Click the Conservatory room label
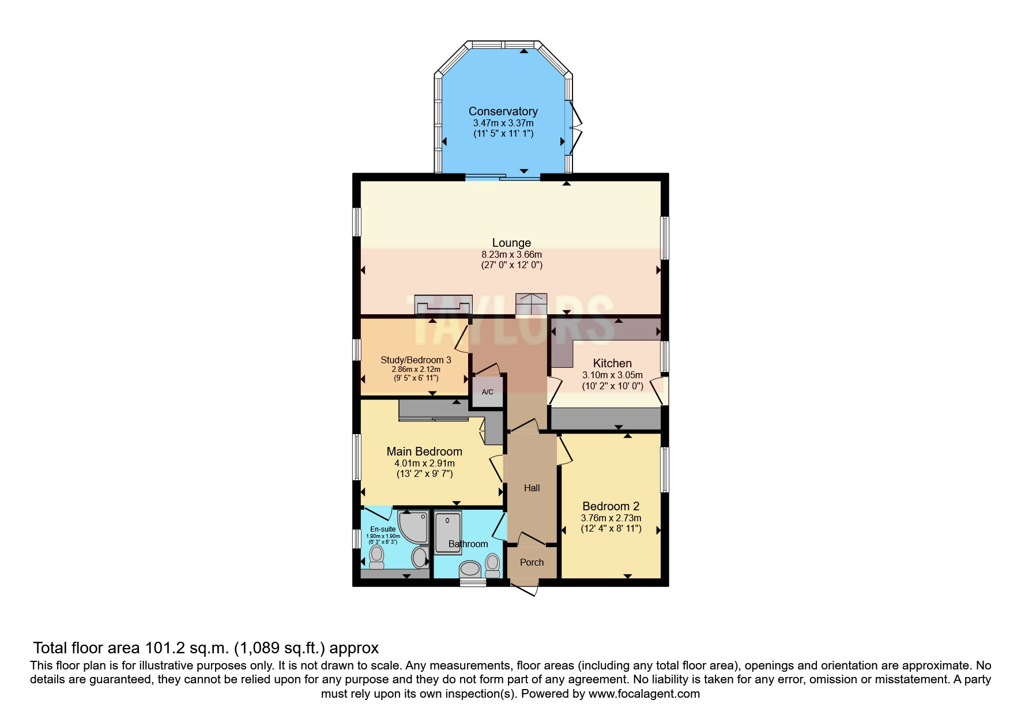[x=503, y=111]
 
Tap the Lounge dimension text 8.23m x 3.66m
[x=511, y=254]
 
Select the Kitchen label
[x=612, y=363]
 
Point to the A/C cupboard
[x=488, y=392]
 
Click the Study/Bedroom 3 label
[x=416, y=360]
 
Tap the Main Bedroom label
[x=424, y=451]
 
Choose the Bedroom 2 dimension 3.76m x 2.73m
[x=611, y=518]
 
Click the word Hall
[x=532, y=488]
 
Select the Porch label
[x=532, y=562]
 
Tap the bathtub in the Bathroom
[x=448, y=533]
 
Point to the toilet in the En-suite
[x=376, y=556]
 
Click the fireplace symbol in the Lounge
[x=443, y=303]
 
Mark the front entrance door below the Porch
[x=525, y=589]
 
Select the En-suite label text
[x=383, y=529]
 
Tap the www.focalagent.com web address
[x=644, y=694]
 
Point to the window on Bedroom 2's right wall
[x=664, y=469]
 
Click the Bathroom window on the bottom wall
[x=473, y=583]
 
